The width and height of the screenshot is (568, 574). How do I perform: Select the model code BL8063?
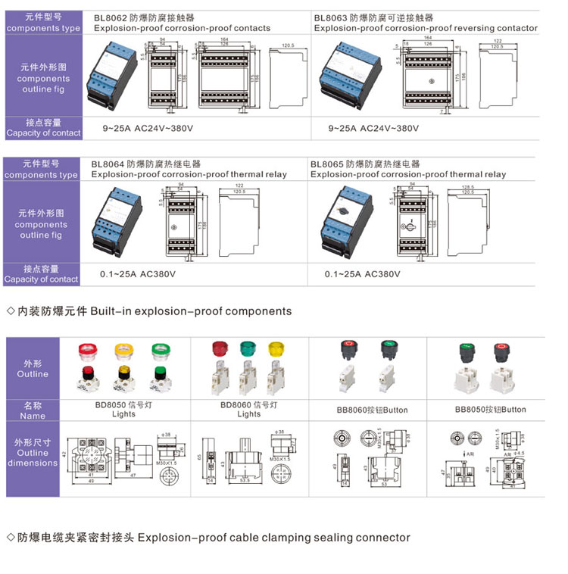(x=329, y=17)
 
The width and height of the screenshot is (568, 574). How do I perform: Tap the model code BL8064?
(x=107, y=164)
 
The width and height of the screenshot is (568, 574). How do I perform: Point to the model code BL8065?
(x=326, y=164)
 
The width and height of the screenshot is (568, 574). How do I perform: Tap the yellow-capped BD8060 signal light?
(x=276, y=351)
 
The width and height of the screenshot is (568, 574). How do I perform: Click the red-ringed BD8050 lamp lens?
(x=89, y=351)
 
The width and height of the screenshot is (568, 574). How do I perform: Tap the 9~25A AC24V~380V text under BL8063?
(x=373, y=129)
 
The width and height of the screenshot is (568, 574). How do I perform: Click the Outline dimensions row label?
(x=32, y=453)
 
